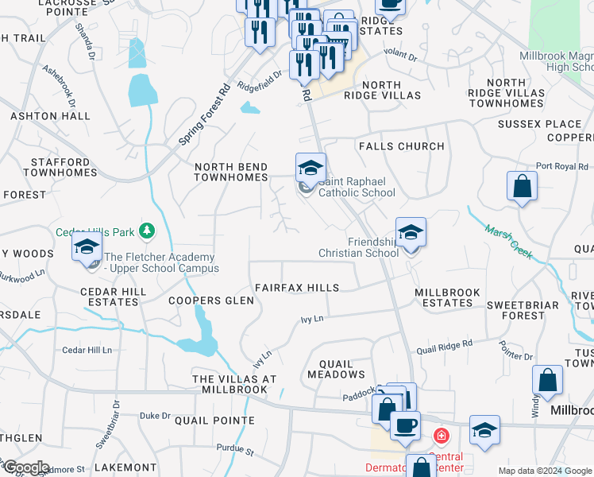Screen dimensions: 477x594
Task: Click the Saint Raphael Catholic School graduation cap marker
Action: click(x=310, y=168)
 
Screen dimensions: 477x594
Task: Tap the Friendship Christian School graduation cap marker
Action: click(x=411, y=232)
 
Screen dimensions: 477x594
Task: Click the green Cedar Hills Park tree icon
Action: click(x=146, y=231)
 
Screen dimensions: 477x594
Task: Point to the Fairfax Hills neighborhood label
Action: click(x=297, y=288)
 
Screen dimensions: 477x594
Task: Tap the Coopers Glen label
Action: click(x=211, y=301)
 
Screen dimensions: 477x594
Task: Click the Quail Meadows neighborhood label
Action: click(x=336, y=369)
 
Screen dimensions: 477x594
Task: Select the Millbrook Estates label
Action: click(x=448, y=297)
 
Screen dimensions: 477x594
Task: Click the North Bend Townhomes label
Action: click(x=232, y=172)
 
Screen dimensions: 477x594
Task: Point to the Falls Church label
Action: click(x=402, y=146)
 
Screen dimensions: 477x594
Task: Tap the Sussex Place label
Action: click(x=540, y=124)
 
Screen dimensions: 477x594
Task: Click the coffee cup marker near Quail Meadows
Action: click(x=404, y=425)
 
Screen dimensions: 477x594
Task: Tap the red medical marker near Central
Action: click(x=440, y=436)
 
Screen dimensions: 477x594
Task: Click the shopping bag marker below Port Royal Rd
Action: click(x=523, y=187)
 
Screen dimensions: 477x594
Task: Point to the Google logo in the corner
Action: click(x=25, y=467)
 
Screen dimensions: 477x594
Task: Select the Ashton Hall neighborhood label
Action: click(x=51, y=116)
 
